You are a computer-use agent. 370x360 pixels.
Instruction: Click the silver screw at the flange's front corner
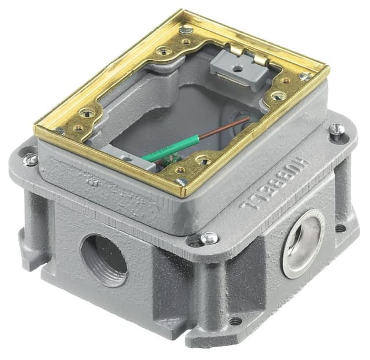click(208, 237)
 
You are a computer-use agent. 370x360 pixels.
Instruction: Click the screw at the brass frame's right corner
click(305, 76)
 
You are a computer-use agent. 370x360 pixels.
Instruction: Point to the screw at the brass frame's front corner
click(181, 181)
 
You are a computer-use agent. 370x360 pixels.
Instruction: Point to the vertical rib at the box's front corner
click(205, 289)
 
